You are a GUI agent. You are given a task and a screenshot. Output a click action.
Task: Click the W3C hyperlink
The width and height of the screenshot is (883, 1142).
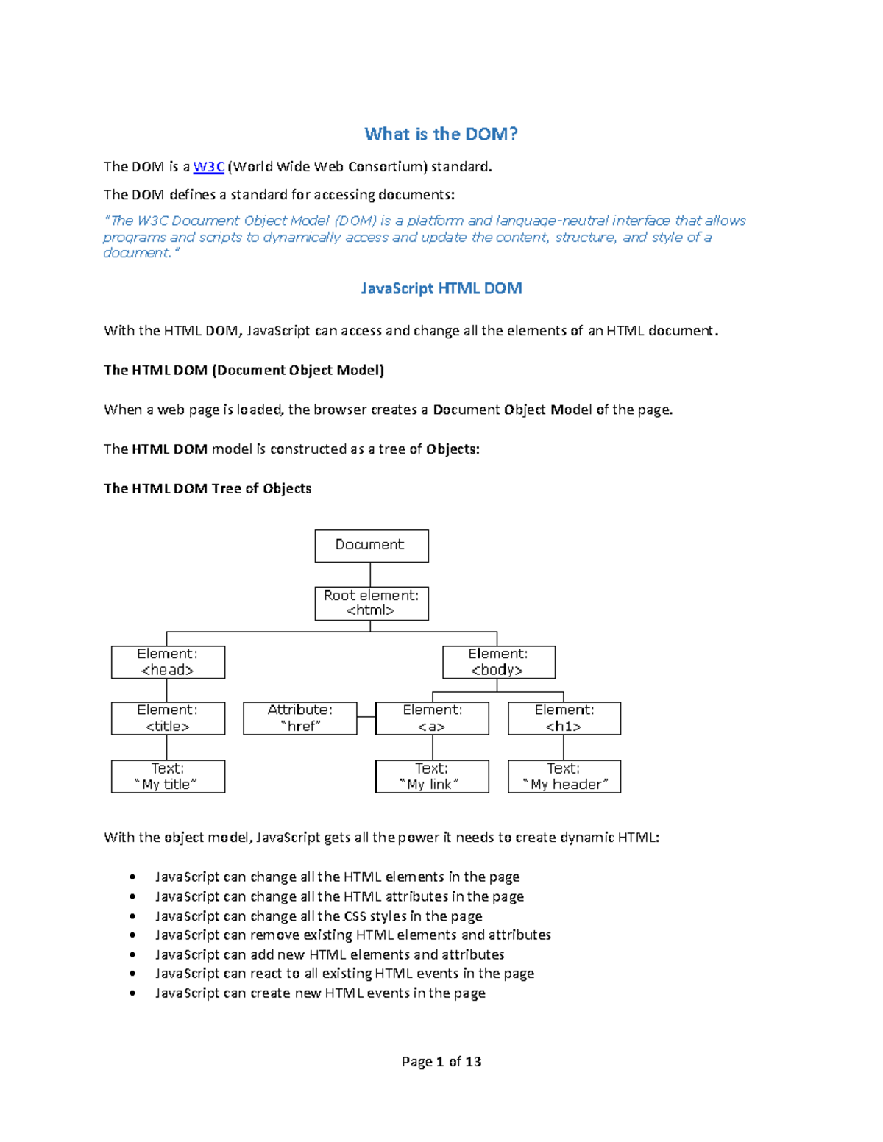[x=208, y=167]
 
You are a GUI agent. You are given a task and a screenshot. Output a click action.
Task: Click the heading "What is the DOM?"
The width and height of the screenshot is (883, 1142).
[x=441, y=134]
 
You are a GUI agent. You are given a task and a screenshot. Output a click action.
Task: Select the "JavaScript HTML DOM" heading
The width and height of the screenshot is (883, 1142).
[x=441, y=288]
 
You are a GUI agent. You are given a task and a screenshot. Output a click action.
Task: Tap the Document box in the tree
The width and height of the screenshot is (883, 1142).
[x=372, y=546]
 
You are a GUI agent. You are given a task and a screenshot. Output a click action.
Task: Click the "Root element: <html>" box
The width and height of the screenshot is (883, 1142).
[x=372, y=603]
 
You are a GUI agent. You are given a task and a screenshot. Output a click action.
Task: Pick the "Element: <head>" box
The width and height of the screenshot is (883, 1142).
[x=168, y=662]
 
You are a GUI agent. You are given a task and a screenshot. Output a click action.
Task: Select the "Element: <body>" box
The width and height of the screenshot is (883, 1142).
[x=499, y=662]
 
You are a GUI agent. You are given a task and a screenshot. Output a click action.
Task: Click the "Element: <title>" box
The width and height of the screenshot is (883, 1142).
[x=168, y=718]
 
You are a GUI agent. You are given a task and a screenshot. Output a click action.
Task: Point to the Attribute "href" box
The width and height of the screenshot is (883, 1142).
[x=300, y=718]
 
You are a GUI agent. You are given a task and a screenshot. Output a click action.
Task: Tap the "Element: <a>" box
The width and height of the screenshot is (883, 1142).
[x=432, y=718]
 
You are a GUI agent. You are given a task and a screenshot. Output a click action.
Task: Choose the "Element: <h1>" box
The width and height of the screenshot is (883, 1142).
[x=564, y=718]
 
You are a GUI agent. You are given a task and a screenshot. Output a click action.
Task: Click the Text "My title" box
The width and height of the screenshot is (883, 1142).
[x=168, y=777]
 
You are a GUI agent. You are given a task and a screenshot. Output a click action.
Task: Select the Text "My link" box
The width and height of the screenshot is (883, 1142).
[x=432, y=777]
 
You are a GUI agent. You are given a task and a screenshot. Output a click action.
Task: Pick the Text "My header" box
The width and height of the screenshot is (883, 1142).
[x=564, y=777]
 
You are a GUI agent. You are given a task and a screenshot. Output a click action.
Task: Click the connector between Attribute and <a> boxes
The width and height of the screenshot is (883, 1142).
[x=366, y=717]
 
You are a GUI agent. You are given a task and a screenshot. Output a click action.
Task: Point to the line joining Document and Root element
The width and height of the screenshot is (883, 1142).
[x=370, y=574]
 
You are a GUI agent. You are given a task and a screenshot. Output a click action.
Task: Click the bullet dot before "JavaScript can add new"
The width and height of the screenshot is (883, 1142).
[x=132, y=954]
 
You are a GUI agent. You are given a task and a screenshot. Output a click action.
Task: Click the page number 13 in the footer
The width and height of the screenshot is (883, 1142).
[x=473, y=1061]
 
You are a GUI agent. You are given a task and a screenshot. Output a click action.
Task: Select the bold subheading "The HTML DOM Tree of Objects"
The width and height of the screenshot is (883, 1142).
[x=208, y=488]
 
